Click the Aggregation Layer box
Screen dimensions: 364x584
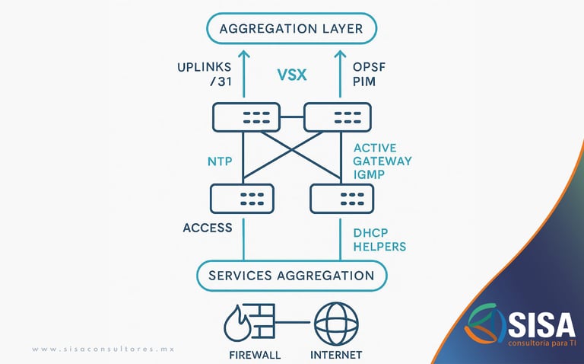click(x=291, y=30)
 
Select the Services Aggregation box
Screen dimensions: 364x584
click(x=291, y=276)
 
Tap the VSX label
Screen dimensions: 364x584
click(x=291, y=76)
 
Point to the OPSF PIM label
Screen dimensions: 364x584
click(x=370, y=75)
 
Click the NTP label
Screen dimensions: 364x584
click(x=219, y=161)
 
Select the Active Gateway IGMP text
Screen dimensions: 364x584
click(x=382, y=161)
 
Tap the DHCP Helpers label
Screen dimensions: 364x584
click(x=379, y=239)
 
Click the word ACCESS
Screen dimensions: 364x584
click(x=207, y=228)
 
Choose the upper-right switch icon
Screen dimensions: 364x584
click(x=338, y=117)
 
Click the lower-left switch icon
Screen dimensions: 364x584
click(x=244, y=199)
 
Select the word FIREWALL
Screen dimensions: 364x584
click(x=254, y=355)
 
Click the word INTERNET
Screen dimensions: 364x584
click(x=336, y=355)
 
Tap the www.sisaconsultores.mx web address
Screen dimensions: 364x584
click(x=103, y=349)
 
